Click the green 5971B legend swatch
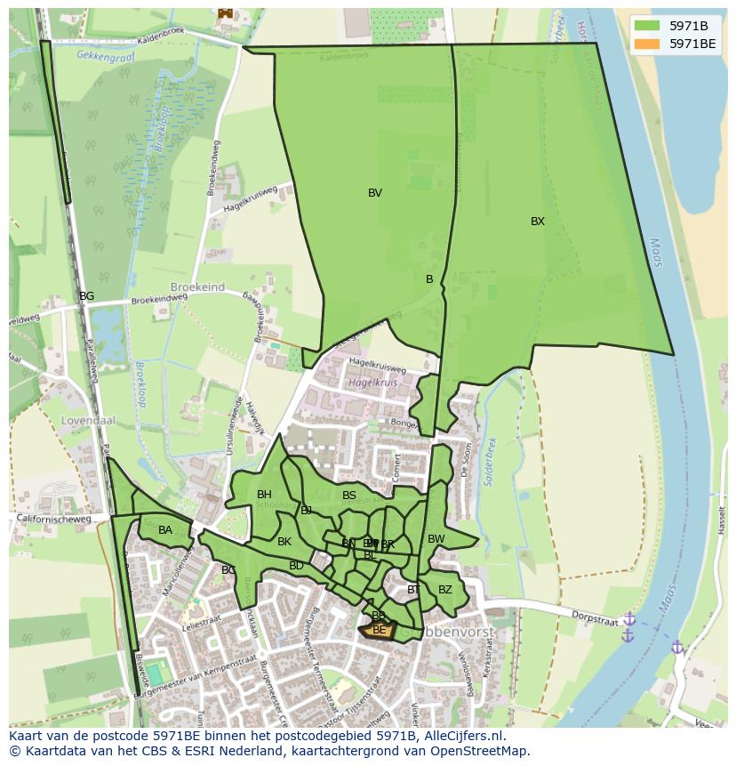[647, 26]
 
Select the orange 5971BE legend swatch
[647, 44]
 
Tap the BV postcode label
[375, 193]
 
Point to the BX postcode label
[538, 222]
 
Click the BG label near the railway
[86, 296]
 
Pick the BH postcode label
[264, 495]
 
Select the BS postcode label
[349, 496]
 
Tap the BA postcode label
[165, 530]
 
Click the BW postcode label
[436, 539]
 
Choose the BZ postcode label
[445, 590]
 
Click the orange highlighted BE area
[378, 631]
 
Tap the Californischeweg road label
[53, 519]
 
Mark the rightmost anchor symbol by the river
[676, 647]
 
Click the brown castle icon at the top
[224, 12]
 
